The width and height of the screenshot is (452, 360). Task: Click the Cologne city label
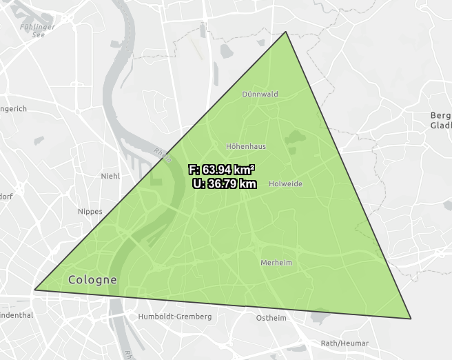(93, 280)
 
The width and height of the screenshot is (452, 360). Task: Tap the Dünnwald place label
(260, 94)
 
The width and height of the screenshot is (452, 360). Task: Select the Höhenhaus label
(246, 146)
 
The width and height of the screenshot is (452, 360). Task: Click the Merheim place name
(276, 263)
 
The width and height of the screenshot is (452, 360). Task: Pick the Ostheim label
(271, 318)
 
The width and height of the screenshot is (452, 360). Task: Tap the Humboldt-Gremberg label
(175, 317)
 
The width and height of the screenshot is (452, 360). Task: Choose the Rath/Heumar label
(345, 343)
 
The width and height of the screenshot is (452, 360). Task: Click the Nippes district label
(90, 211)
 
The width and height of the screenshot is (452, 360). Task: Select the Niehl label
(110, 176)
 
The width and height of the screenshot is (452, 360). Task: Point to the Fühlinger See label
(32, 31)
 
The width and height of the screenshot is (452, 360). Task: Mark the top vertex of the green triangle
(286, 32)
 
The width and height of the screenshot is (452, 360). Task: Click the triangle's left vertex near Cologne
(34, 290)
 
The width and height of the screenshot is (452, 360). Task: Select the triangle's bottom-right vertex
(411, 319)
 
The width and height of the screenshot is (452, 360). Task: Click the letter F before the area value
(192, 170)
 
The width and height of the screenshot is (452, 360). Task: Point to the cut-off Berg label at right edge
(440, 115)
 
